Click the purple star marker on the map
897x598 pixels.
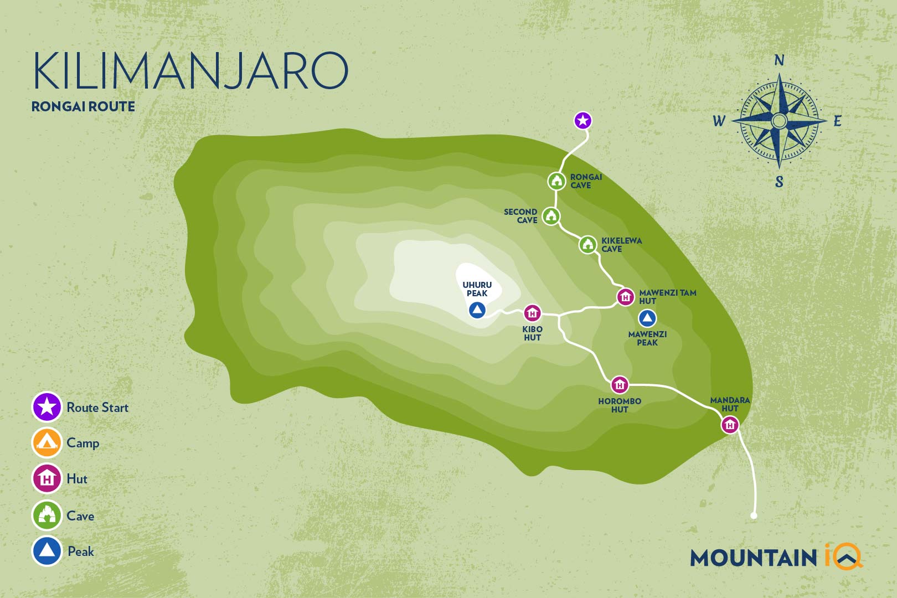(582, 120)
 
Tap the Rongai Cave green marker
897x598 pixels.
(557, 181)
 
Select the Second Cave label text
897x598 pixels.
(520, 216)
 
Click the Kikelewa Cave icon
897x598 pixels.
(588, 244)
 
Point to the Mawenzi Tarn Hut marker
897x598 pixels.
(626, 297)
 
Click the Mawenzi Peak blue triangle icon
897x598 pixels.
(647, 318)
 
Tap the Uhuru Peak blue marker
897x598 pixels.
(477, 310)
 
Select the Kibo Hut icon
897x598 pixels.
(532, 313)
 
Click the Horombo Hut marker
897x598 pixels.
(620, 384)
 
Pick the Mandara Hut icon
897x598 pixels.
(730, 425)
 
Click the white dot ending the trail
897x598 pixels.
(754, 516)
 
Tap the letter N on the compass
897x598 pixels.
(779, 60)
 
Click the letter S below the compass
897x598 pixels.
(779, 182)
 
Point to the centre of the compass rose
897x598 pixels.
(779, 121)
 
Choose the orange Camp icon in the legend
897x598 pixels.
(47, 442)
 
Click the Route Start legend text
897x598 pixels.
(97, 408)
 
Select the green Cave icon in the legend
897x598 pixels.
(47, 515)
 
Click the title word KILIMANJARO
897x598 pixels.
(190, 71)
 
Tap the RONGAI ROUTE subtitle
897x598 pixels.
(83, 106)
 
